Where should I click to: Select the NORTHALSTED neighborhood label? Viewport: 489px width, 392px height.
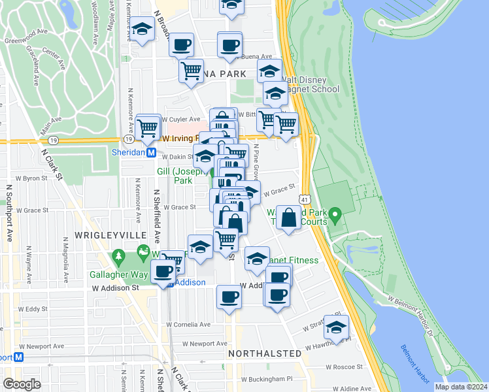pos(265,353)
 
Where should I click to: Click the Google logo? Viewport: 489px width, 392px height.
pos(22,384)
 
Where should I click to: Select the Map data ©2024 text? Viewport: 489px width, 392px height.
pos(460,387)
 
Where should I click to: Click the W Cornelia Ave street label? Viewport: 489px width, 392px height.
pos(188,324)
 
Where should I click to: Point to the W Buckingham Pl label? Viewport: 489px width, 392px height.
pos(267,378)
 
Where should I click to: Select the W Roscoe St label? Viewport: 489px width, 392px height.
pos(345,367)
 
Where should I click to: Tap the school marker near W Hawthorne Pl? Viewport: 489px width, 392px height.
pos(336,327)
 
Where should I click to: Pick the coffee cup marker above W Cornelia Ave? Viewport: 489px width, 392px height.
pos(229,297)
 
